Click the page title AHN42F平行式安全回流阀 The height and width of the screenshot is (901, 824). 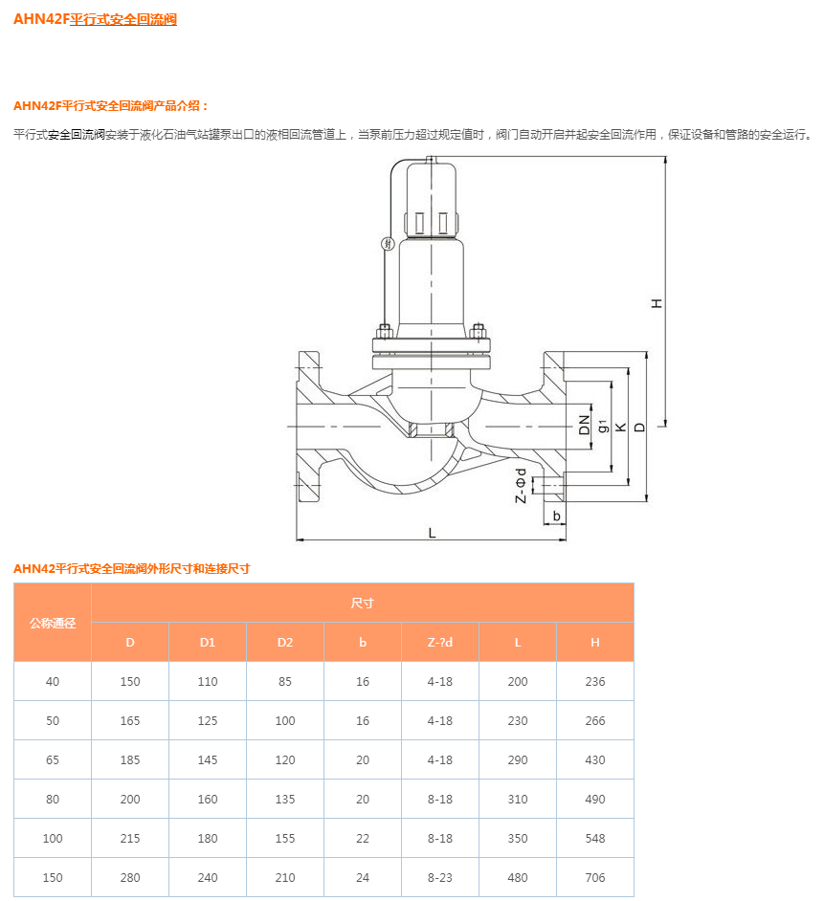[95, 19]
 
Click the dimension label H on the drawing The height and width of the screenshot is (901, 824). [657, 302]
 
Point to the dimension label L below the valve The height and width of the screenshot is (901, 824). [432, 532]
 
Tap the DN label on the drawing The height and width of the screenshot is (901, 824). [585, 425]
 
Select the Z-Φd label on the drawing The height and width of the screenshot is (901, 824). [521, 485]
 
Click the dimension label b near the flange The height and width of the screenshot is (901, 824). [556, 516]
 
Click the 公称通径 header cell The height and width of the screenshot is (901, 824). [53, 623]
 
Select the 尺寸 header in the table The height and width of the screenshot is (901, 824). [362, 603]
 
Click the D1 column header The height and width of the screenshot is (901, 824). [208, 642]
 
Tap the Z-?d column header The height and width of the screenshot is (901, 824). [440, 642]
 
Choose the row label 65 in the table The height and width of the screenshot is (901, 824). [53, 759]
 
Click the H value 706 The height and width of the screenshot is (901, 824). [595, 877]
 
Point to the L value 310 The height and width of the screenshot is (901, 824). [518, 799]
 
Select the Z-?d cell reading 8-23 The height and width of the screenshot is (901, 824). [440, 877]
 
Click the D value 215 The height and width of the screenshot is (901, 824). [130, 838]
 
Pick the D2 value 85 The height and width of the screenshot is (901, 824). [285, 681]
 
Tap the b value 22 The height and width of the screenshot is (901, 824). [363, 838]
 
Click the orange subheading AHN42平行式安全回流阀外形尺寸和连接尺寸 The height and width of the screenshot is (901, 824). [131, 568]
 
